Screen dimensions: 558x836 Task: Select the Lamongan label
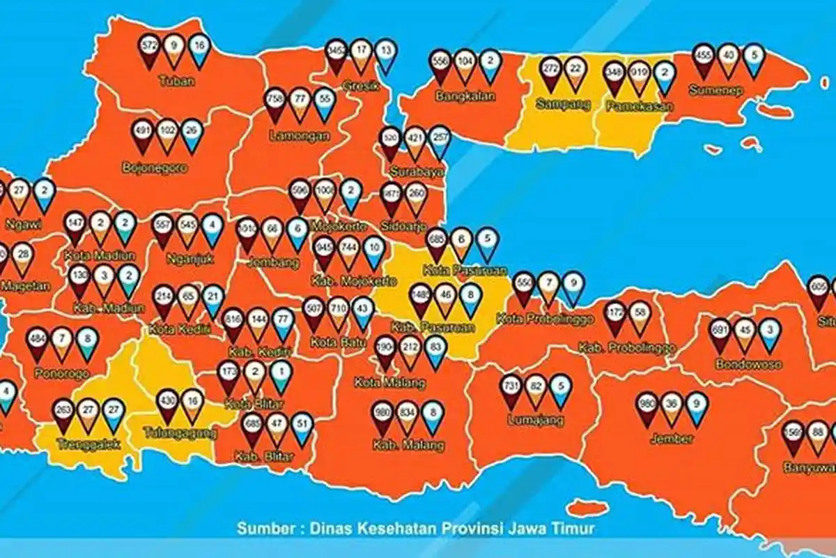coord(300,137)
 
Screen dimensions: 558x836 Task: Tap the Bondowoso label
coord(748,364)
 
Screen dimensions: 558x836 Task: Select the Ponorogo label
coord(63,373)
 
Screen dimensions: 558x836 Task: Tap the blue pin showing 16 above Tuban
coord(199,49)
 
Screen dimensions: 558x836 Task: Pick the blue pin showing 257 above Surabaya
coord(440,140)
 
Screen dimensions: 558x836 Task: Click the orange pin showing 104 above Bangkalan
coord(465,64)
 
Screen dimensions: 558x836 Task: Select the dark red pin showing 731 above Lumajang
coord(511,389)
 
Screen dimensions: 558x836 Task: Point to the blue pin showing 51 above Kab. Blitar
coord(302,427)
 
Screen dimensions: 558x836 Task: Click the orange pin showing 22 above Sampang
coord(575,71)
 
